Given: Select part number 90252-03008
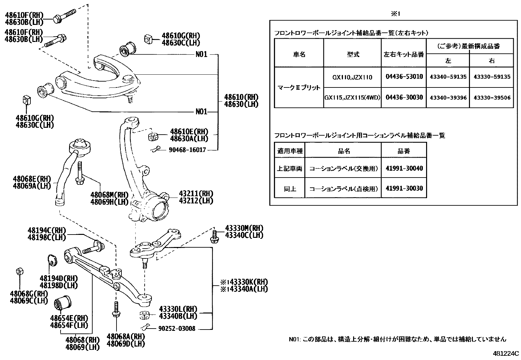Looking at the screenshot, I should tap(177, 328).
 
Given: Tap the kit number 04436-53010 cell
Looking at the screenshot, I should tap(404, 77).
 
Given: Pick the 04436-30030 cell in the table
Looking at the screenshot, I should tap(404, 97).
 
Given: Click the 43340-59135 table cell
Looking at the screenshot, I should tap(448, 77).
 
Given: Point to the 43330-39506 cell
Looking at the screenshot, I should tap(492, 98).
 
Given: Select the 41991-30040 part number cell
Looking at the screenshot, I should tap(404, 168).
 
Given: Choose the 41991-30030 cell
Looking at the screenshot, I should tap(404, 188).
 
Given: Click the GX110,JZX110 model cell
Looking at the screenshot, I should tap(352, 77).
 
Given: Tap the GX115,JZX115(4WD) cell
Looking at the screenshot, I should tap(352, 98).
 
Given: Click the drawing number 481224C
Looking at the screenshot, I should tap(506, 354).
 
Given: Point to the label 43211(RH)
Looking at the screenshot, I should tap(196, 194).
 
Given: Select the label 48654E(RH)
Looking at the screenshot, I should tap(69, 318).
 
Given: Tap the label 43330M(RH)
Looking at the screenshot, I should tap(244, 228).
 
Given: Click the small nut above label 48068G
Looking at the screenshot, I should tap(19, 271).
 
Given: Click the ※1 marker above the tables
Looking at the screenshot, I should tap(396, 14).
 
